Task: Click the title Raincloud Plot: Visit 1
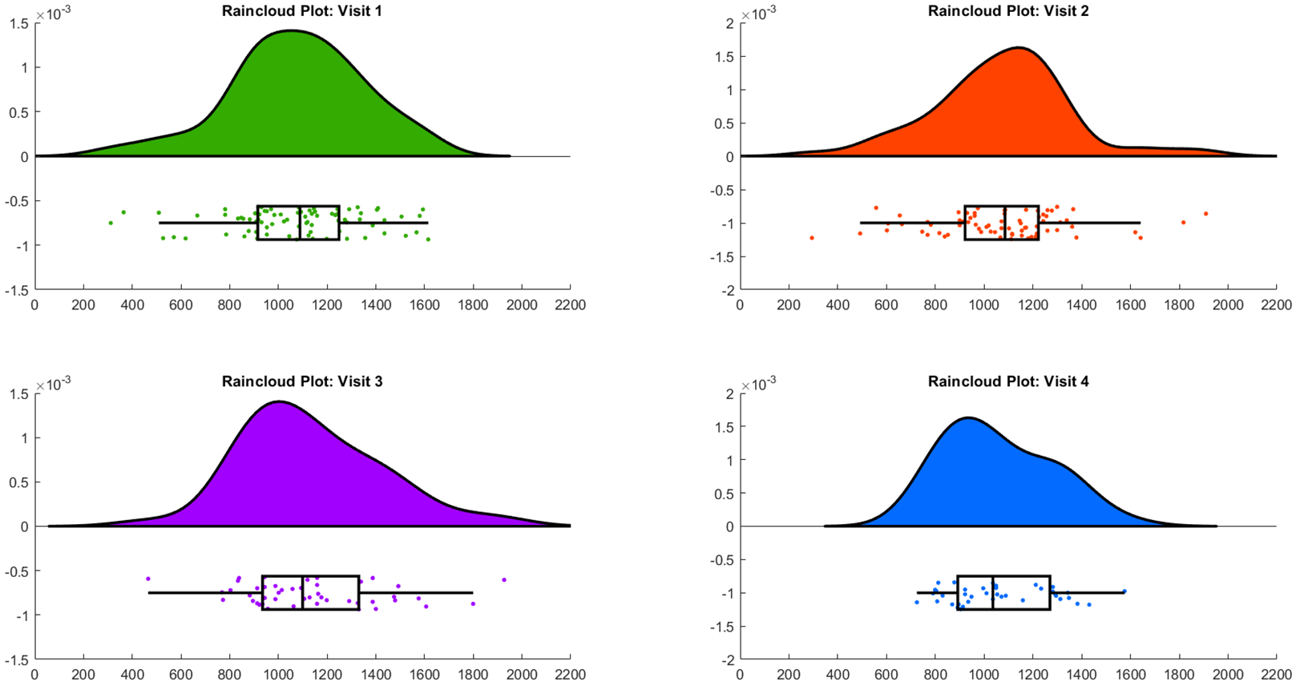[302, 11]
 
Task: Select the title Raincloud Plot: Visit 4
[1008, 381]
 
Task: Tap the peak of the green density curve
[290, 31]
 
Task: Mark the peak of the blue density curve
[968, 418]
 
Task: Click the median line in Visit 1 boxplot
[300, 223]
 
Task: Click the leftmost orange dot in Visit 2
[812, 238]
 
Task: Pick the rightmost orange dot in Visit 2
[1205, 214]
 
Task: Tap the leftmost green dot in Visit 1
[111, 223]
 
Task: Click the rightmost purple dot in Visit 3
[504, 579]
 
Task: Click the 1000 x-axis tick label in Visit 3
[278, 675]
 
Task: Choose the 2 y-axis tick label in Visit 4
[729, 393]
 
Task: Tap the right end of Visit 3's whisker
[473, 593]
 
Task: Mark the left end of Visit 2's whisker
[861, 223]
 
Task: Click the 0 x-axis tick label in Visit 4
[740, 675]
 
